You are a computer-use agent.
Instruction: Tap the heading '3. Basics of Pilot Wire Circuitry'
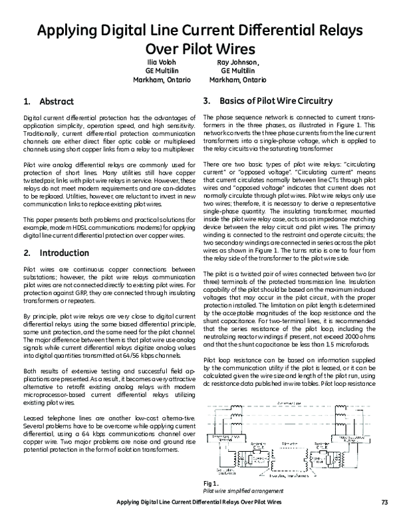pos(267,101)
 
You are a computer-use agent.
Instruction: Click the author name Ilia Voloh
pos(164,61)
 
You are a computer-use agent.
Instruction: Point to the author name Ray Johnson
pos(238,61)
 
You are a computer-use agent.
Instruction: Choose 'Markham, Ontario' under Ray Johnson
pos(238,79)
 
